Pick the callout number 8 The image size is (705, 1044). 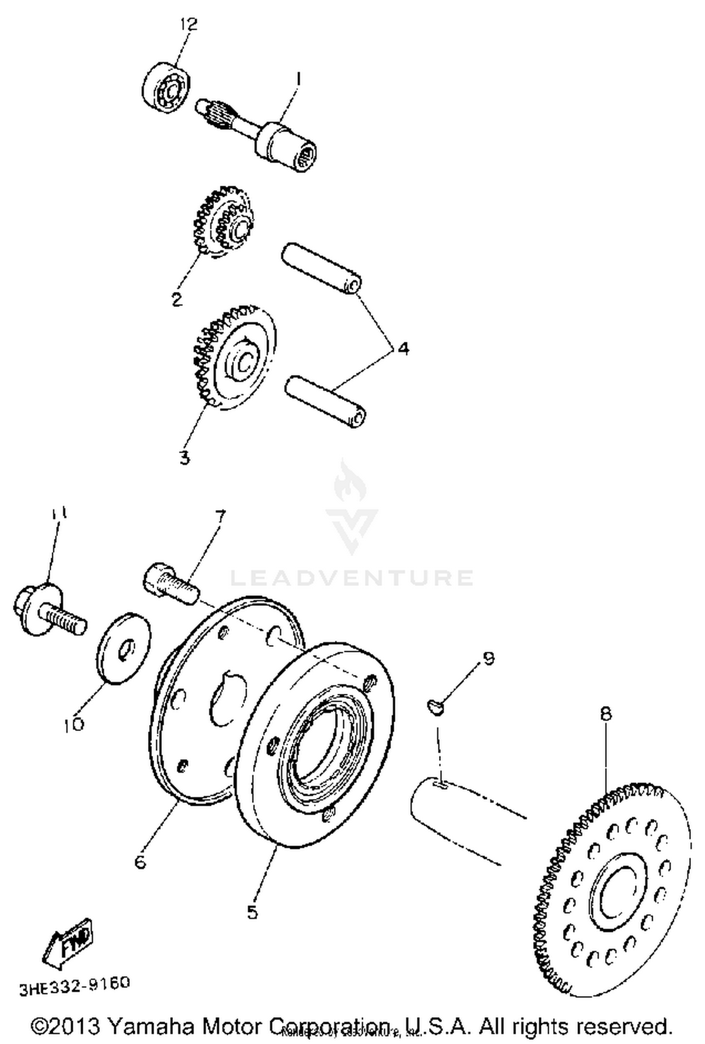(606, 714)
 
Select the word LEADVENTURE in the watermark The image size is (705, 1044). (352, 578)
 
